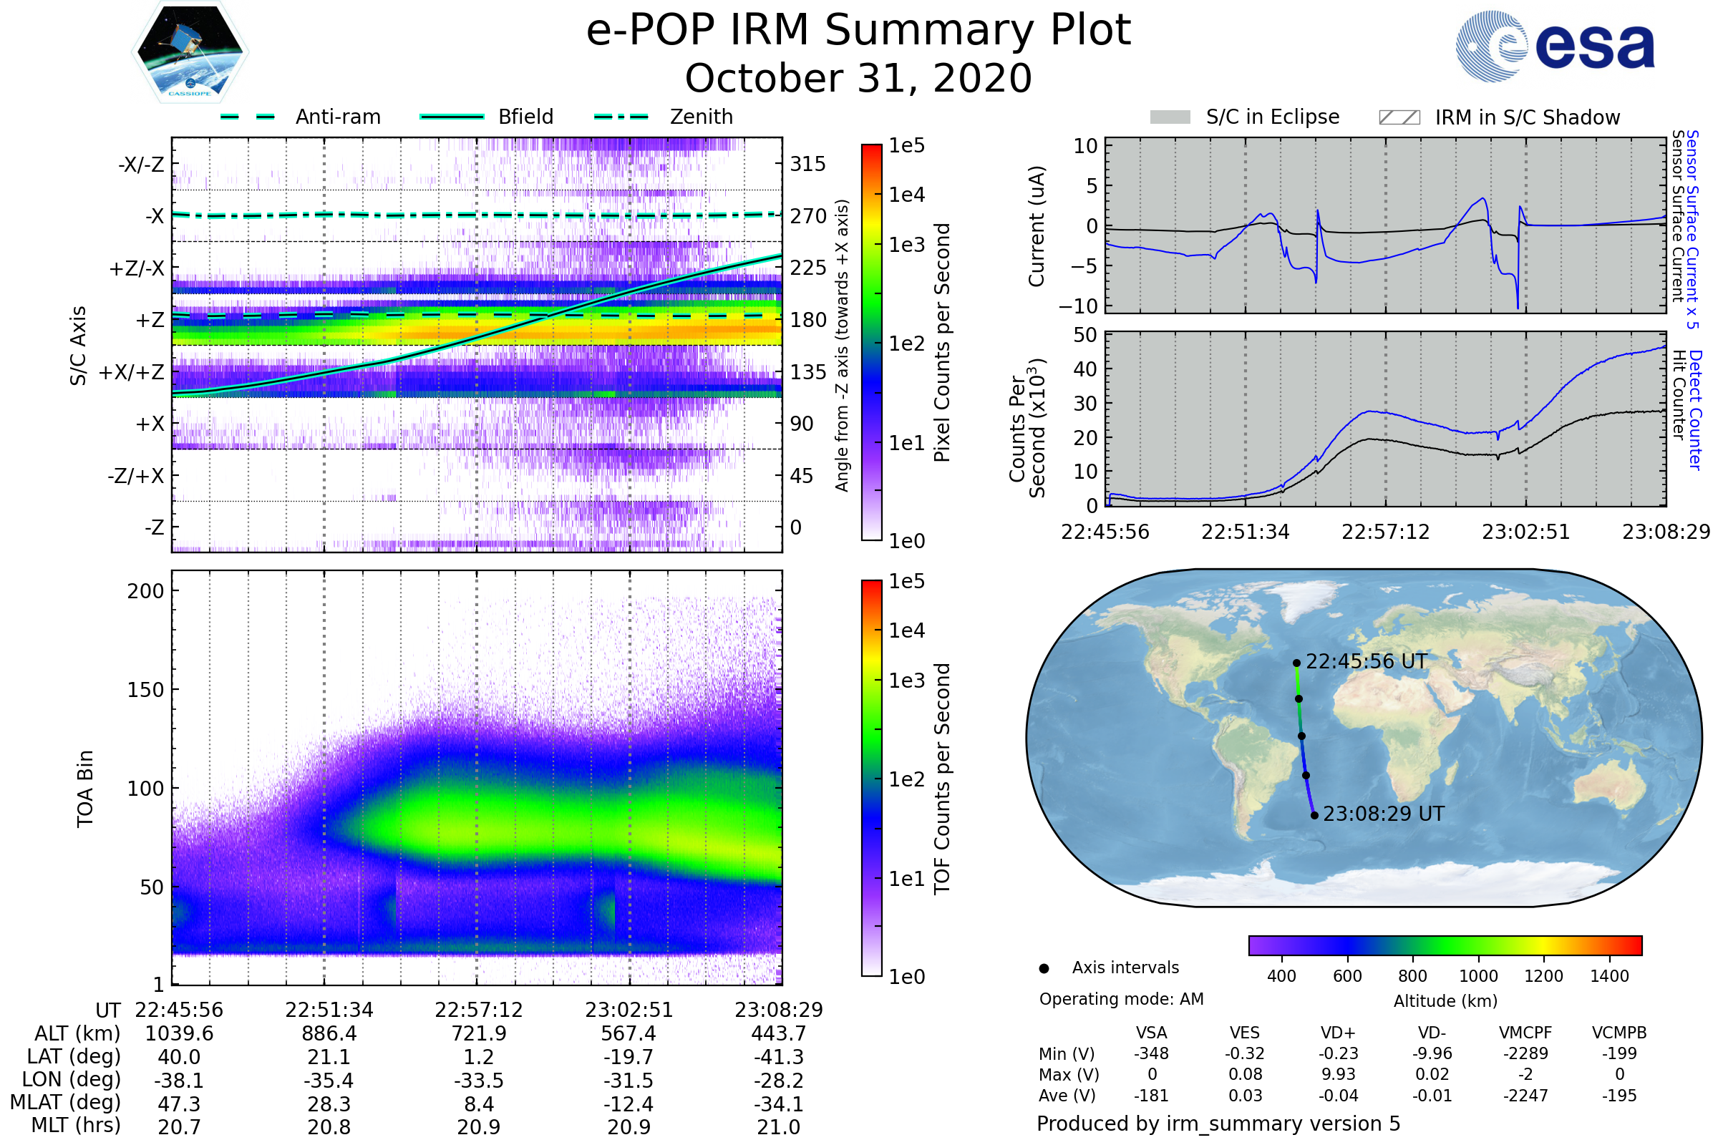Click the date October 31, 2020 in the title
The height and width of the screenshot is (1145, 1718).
(858, 78)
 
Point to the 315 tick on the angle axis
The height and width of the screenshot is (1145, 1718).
(807, 164)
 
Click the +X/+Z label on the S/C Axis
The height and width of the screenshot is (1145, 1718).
(132, 372)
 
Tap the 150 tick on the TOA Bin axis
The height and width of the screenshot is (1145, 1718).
(145, 689)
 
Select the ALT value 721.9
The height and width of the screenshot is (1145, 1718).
(478, 1033)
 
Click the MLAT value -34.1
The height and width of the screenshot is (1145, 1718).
(779, 1103)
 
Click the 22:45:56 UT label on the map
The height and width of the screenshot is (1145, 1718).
(1366, 661)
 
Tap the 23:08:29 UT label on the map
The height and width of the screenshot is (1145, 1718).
(1384, 814)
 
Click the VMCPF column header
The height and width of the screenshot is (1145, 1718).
(1525, 1033)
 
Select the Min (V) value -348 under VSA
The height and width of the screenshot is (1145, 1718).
(1151, 1053)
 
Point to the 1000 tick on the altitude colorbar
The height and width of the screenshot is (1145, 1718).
(1477, 976)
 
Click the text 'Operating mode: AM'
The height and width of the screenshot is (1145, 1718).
(1121, 999)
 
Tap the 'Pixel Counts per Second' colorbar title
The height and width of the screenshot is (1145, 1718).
(942, 342)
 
